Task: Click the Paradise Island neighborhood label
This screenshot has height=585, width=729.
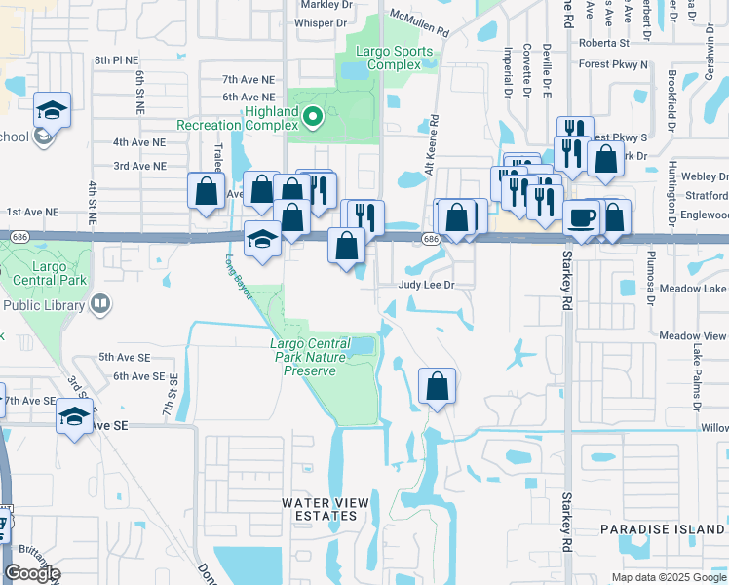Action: tap(663, 528)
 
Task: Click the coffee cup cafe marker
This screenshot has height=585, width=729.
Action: tap(582, 217)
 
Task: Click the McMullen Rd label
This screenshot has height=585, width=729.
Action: tap(419, 23)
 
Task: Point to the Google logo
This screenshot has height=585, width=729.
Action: tap(32, 573)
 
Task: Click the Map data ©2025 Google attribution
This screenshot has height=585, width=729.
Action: tap(668, 577)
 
